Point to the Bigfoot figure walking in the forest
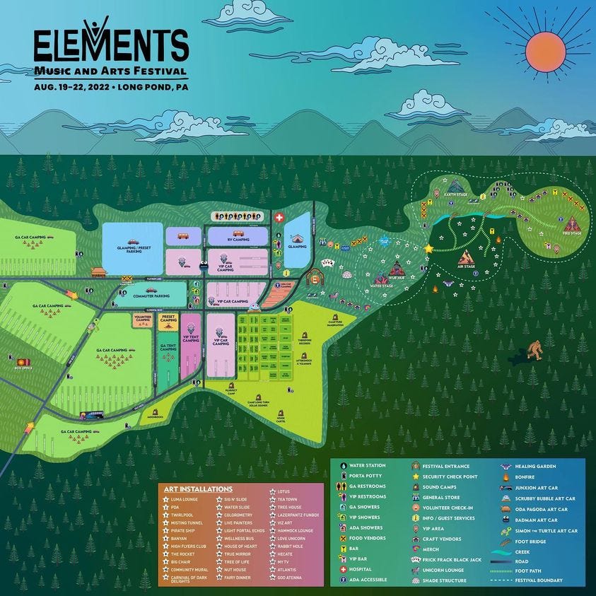coord(537,349)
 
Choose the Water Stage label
coord(382,286)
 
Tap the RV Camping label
coord(237,239)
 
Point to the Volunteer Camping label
coord(142,319)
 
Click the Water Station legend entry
coord(366,466)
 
